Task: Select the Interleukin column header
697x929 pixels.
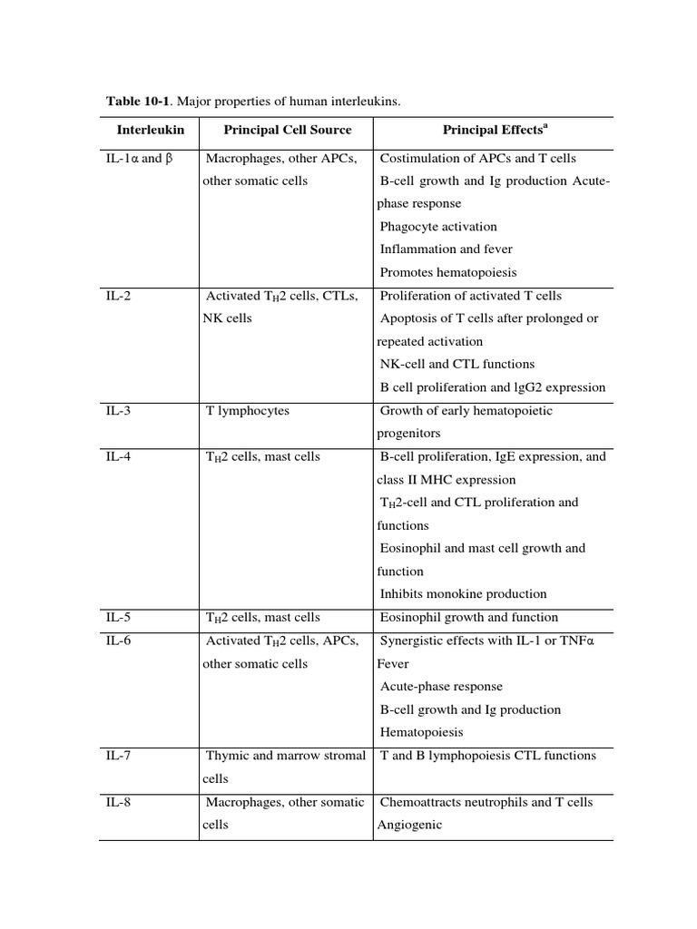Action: [x=150, y=131]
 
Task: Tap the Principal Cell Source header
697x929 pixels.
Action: [x=287, y=131]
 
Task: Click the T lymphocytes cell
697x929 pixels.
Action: [x=248, y=411]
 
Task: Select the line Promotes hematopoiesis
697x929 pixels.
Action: [x=448, y=272]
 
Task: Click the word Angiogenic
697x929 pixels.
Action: [x=404, y=826]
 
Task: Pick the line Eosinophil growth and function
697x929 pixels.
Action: [x=469, y=618]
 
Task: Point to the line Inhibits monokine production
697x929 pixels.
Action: [x=463, y=594]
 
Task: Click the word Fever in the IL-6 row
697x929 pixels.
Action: [x=393, y=664]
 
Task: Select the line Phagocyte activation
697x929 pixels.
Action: [x=438, y=227]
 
